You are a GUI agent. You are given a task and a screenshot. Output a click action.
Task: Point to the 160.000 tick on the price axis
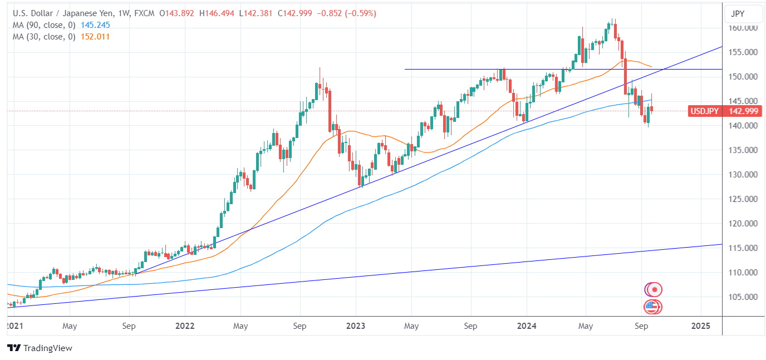click(743, 28)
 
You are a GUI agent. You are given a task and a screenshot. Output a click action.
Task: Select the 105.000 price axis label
click(743, 297)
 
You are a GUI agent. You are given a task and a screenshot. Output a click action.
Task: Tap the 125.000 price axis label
click(743, 199)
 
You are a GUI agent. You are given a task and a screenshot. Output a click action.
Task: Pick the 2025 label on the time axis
click(700, 326)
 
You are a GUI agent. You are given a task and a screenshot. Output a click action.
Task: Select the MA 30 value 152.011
click(95, 37)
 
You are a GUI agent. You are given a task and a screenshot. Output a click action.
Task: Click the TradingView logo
click(40, 348)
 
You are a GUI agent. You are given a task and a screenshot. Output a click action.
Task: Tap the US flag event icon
click(652, 306)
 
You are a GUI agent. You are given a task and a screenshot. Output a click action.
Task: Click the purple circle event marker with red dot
click(654, 289)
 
